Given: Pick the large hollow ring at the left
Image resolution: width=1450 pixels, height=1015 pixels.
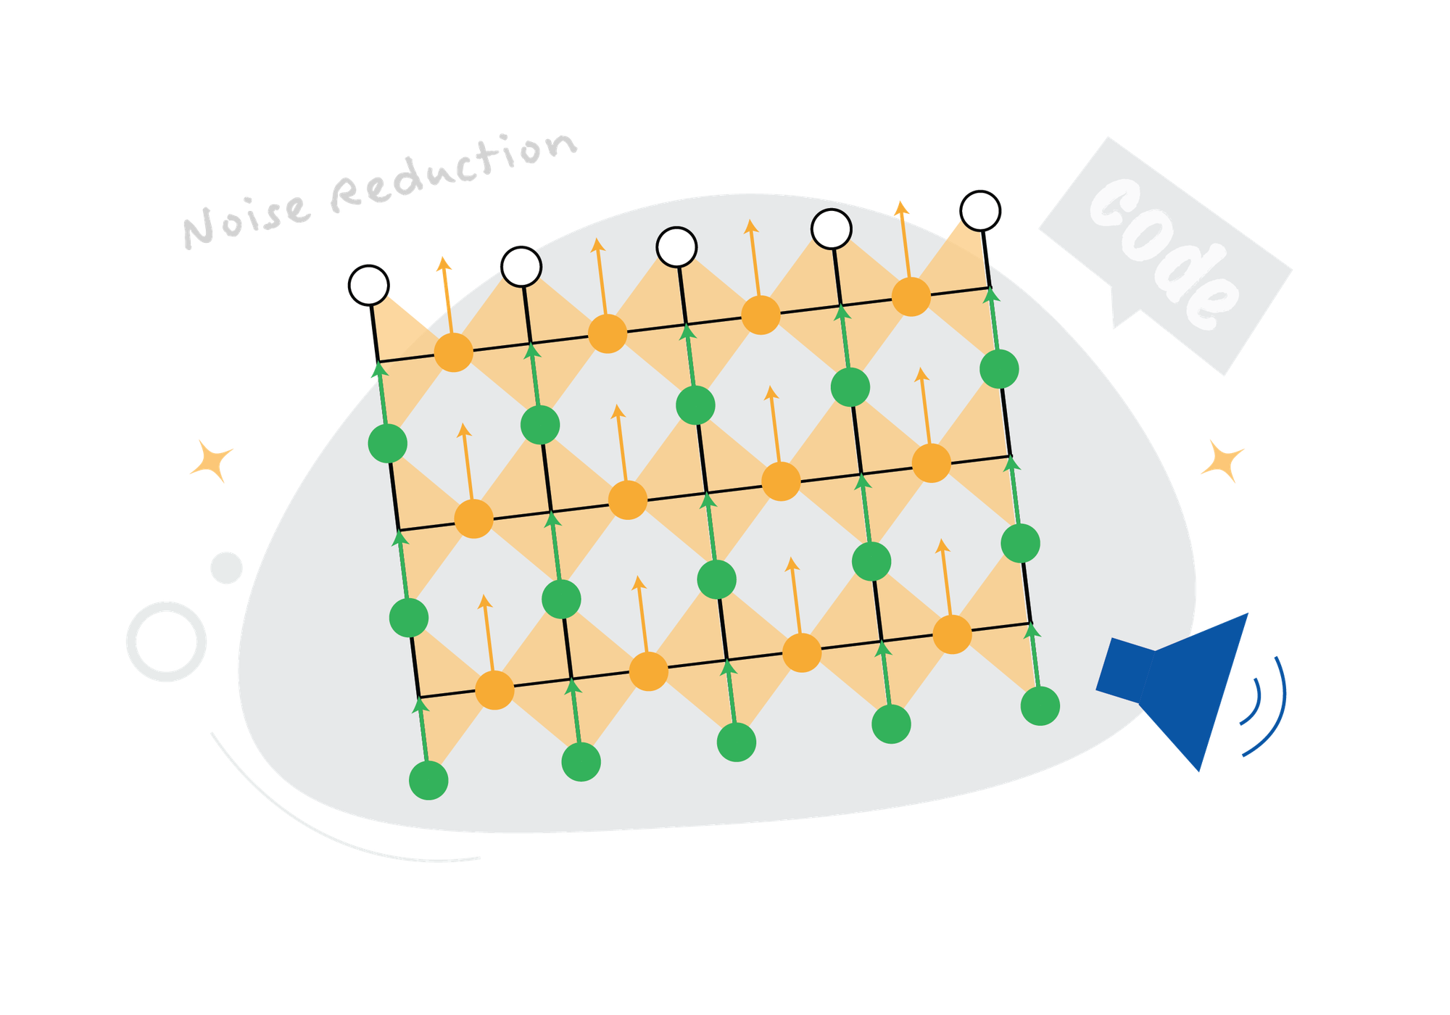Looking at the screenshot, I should click(x=167, y=641).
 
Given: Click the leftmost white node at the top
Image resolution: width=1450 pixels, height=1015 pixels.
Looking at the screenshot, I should click(x=369, y=286).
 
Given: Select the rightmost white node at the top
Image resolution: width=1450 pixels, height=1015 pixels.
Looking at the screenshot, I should click(x=980, y=211).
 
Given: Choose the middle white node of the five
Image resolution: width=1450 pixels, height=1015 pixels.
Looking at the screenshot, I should click(x=676, y=246).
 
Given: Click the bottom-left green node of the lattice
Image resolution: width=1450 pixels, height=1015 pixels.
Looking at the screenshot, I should click(x=428, y=780).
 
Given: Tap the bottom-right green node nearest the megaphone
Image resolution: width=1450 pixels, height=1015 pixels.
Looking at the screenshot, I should click(x=1040, y=705).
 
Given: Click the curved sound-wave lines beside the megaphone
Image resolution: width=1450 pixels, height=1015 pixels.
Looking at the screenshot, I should click(x=1265, y=707).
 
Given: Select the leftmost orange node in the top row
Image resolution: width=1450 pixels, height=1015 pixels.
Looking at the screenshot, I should click(x=453, y=352).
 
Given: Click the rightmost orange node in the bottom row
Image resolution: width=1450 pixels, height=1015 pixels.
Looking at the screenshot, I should click(x=952, y=634).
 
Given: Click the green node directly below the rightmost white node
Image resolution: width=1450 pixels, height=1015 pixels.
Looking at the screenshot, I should click(x=999, y=369).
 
